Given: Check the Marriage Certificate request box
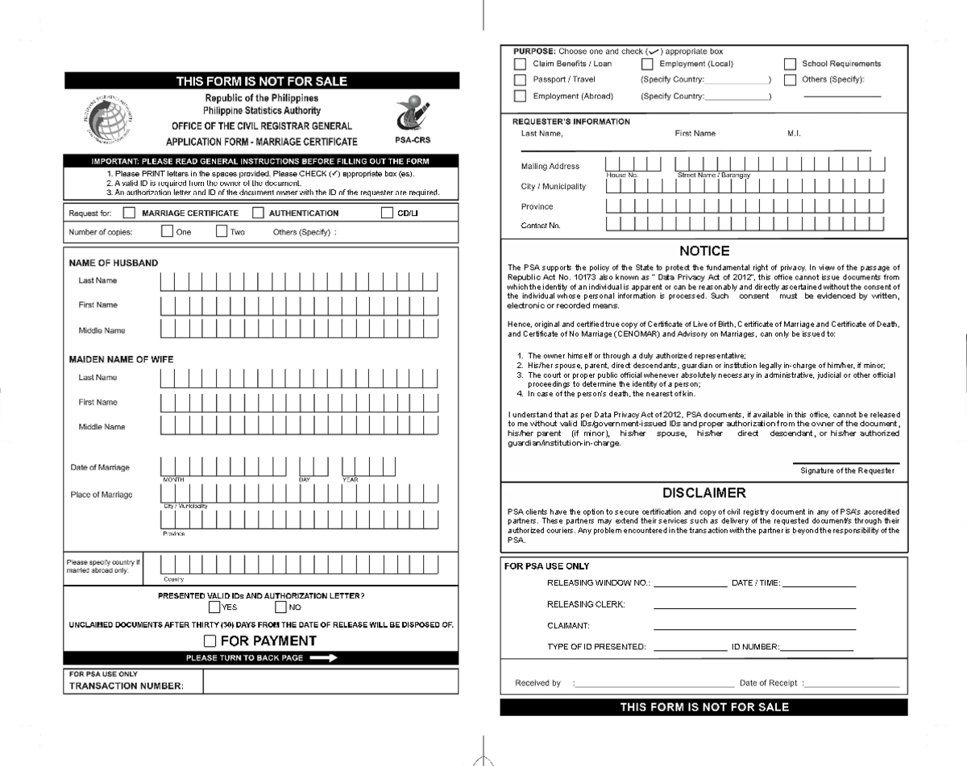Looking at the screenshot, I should pos(129,213).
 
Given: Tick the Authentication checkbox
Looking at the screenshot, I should pos(258,213).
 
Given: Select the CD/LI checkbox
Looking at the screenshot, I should pos(387,213).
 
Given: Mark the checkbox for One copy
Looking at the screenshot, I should pos(167,232).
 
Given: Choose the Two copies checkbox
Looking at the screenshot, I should pos(222,232).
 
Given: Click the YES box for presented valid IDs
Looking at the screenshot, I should pos(214,607).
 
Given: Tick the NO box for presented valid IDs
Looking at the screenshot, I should pos(280,607).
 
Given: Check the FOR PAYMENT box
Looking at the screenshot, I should pos(210,641).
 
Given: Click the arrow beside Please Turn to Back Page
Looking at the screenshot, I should pos(322,658).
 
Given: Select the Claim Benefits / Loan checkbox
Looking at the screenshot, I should pos(520,64).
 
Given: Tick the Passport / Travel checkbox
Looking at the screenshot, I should pos(520,80).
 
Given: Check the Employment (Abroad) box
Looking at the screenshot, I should pos(520,96).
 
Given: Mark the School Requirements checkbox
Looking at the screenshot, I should pos(790,64).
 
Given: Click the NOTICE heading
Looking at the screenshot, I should pos(703,251).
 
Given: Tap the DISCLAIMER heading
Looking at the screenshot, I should pos(703,493).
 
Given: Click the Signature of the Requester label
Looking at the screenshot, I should pos(847,470).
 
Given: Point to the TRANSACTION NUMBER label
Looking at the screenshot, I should pos(126,686).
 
